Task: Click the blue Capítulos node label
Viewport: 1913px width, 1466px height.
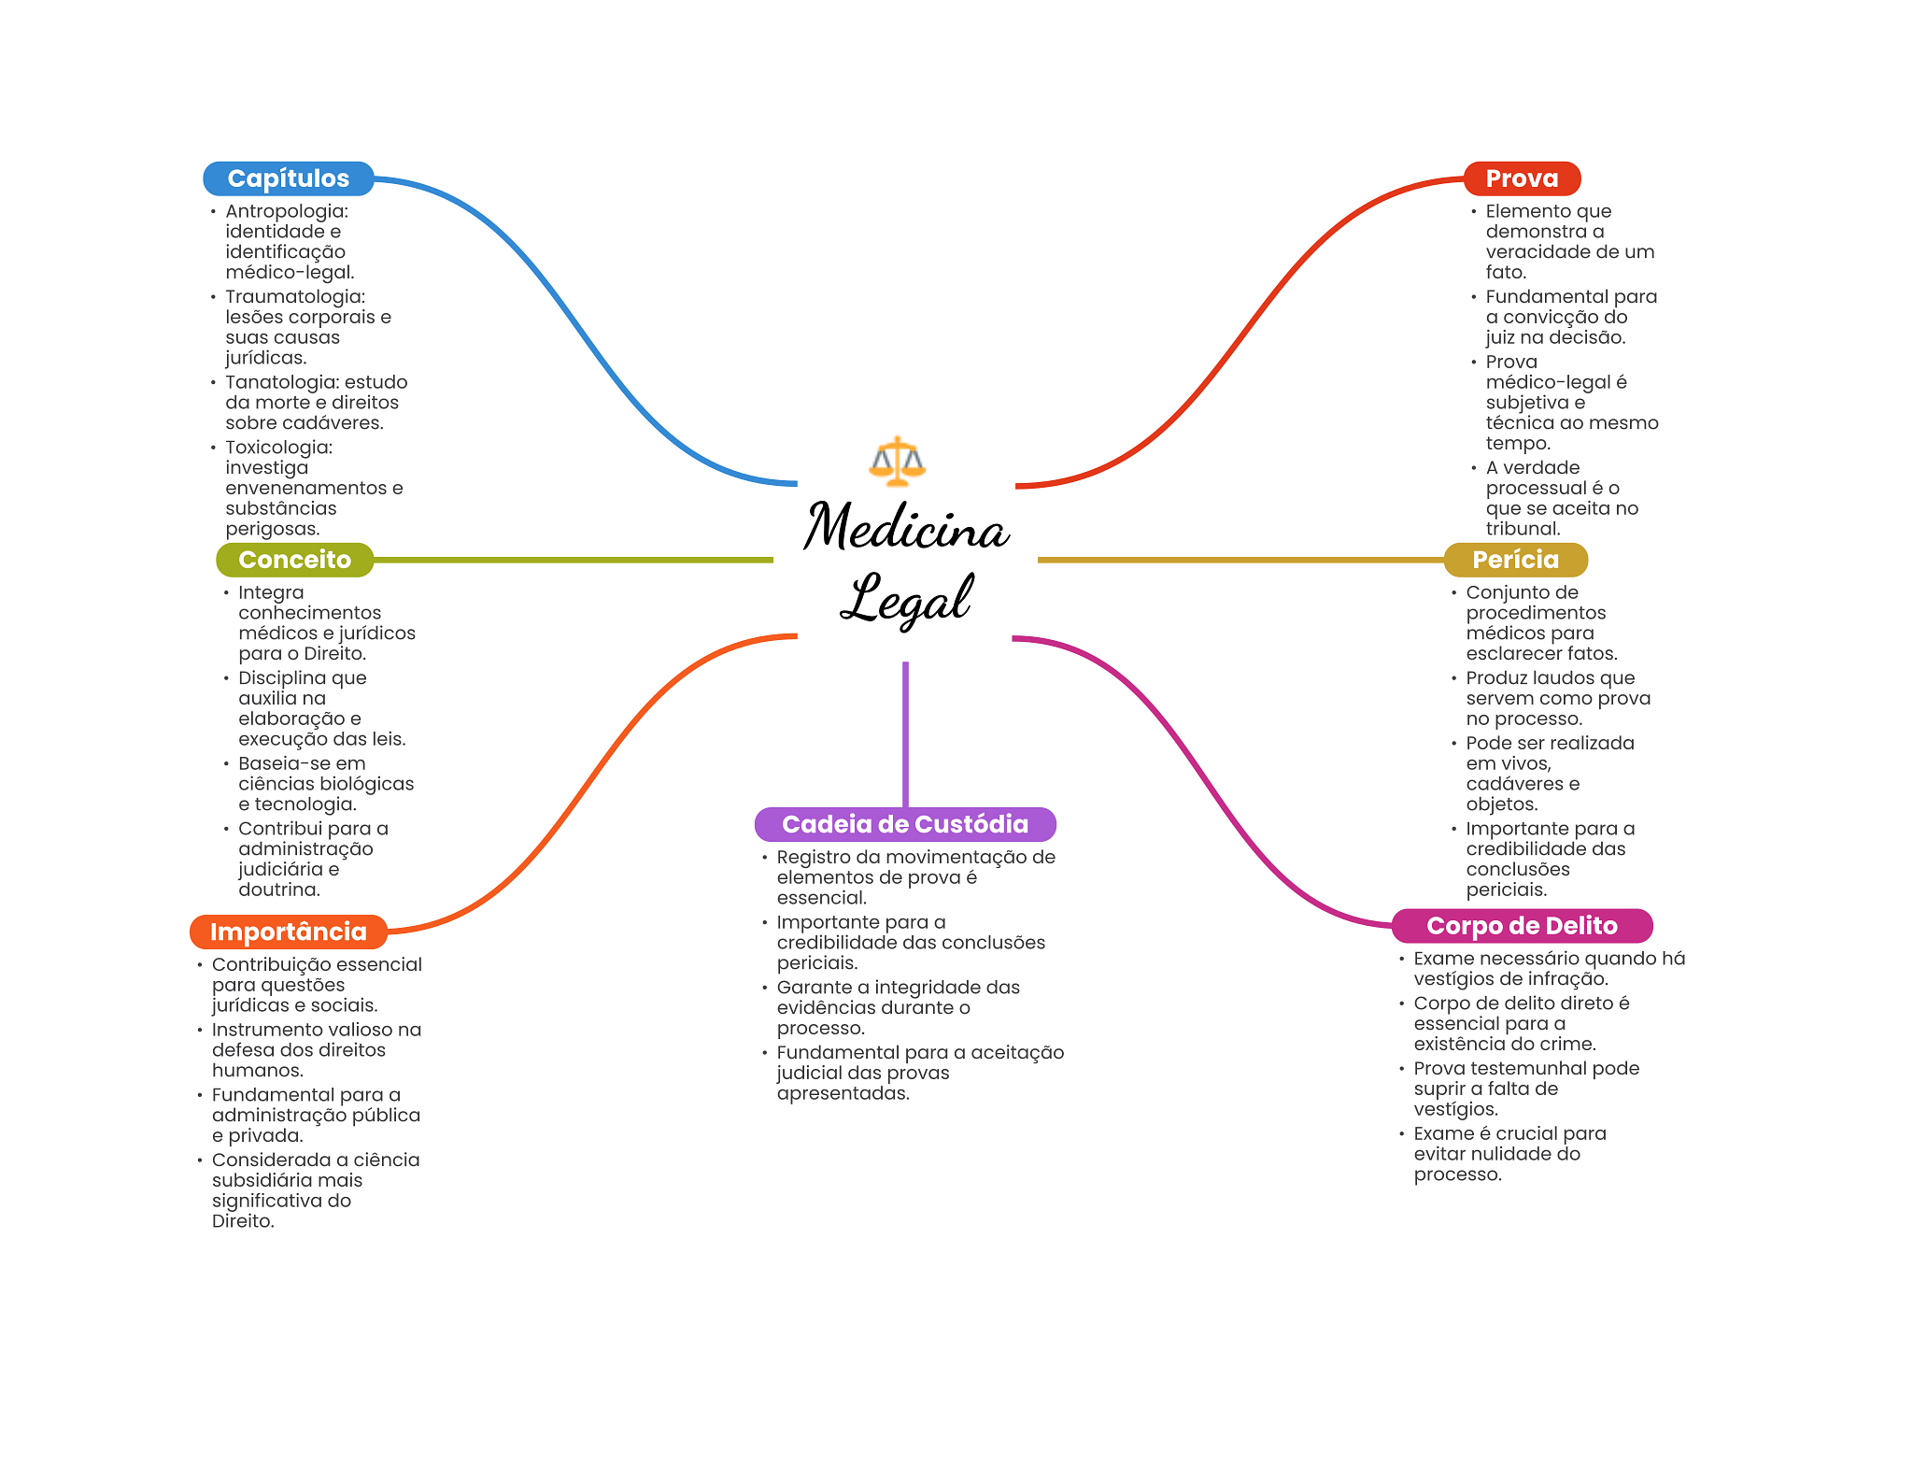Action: [288, 178]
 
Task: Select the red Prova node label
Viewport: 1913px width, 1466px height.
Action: [1522, 178]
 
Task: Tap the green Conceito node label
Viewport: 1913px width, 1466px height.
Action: [294, 560]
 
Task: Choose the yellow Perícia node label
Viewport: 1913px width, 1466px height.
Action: [1515, 560]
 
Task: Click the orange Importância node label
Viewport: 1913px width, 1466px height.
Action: [288, 932]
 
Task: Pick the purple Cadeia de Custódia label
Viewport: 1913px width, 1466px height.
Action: [905, 824]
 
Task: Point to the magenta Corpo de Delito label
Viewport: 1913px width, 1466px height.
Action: [1522, 926]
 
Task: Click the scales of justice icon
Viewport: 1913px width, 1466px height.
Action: [897, 461]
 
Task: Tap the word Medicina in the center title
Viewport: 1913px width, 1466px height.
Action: [906, 527]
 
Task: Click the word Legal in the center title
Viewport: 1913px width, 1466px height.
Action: [906, 598]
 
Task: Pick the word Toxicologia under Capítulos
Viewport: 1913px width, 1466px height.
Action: [278, 448]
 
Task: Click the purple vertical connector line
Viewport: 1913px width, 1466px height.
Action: [905, 734]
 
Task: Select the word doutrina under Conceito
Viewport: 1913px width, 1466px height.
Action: [278, 890]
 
